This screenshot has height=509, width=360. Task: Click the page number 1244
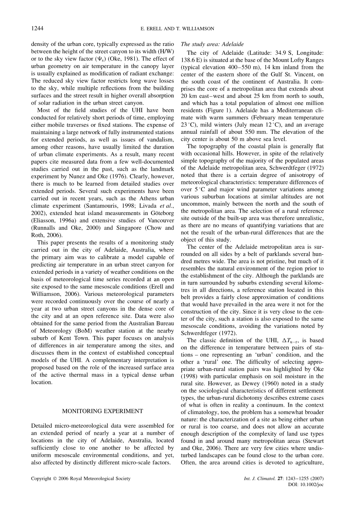coord(37,28)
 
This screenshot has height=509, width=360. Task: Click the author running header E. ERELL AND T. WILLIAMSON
coord(179,28)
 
